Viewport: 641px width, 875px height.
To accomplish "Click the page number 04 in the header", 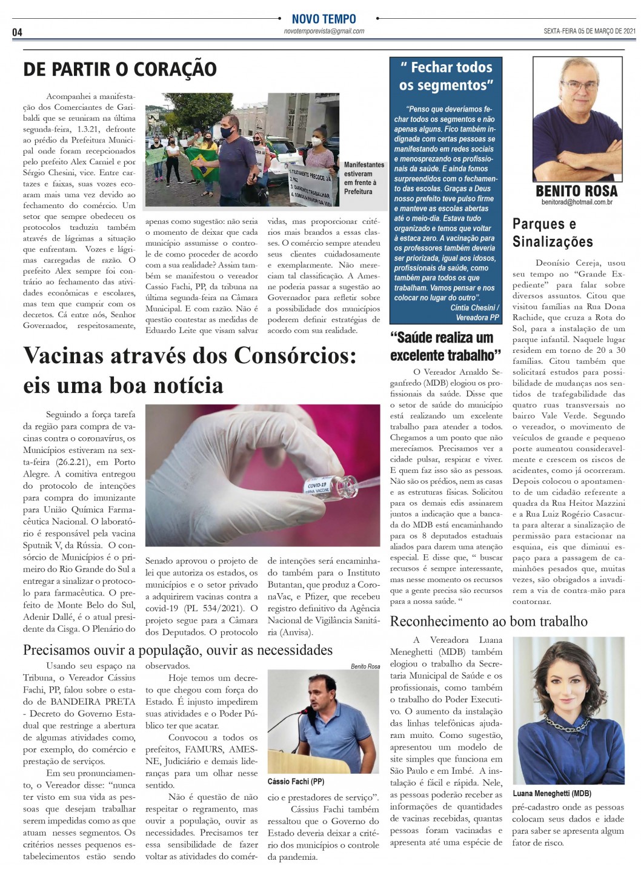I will click(x=17, y=32).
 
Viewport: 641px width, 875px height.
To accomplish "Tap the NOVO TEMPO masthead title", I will click(x=324, y=19).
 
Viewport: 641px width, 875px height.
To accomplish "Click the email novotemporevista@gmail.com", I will click(x=324, y=31).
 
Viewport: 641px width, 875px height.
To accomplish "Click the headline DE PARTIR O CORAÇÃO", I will click(x=120, y=69).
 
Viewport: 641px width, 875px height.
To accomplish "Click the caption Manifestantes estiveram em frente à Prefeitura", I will click(x=364, y=178).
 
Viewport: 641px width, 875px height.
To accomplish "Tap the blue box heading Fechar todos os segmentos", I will click(x=446, y=76).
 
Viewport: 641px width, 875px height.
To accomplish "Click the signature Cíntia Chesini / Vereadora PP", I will click(x=475, y=312).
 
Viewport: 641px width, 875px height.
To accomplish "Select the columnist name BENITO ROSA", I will click(x=576, y=190).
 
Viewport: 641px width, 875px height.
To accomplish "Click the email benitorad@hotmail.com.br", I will click(x=576, y=202).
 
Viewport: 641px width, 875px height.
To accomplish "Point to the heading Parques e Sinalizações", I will click(x=553, y=233).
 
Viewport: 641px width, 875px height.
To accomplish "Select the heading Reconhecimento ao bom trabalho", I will click(x=488, y=621).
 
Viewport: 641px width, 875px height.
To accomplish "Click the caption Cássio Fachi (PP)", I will click(x=296, y=782).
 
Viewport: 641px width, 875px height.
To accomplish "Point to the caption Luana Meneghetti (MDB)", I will click(x=551, y=793).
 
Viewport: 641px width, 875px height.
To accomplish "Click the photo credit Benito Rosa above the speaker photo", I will click(x=365, y=666).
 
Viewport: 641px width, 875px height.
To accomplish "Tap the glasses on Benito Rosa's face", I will click(x=578, y=85).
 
